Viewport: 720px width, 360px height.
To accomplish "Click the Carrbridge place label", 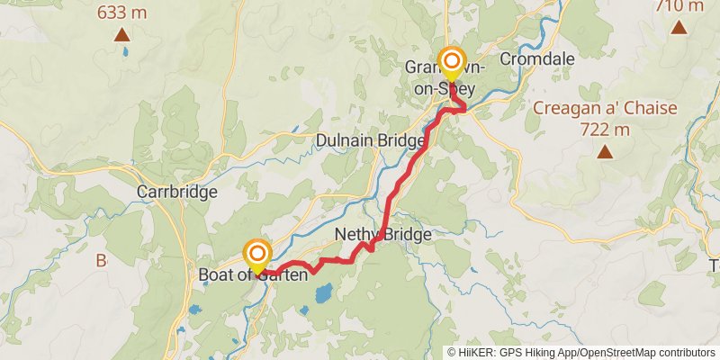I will click(x=177, y=192).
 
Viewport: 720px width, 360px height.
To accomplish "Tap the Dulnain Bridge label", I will click(x=370, y=141).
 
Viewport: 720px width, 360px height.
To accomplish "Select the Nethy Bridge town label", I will click(x=382, y=235).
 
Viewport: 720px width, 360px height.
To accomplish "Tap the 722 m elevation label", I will click(x=605, y=129).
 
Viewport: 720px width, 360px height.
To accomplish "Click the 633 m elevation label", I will click(x=121, y=13).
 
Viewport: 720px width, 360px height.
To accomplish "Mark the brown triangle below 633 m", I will click(x=121, y=35).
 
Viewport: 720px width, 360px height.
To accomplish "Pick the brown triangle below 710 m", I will click(x=679, y=27).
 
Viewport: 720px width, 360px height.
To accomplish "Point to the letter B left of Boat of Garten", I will click(x=101, y=261).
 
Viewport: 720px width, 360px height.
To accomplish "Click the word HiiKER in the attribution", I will click(x=477, y=353).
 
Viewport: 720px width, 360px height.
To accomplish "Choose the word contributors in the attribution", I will click(x=687, y=353).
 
